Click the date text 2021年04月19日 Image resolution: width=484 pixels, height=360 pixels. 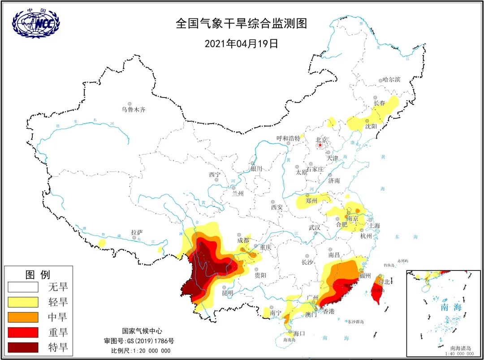(242, 43)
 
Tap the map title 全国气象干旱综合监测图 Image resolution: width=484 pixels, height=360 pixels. (242, 24)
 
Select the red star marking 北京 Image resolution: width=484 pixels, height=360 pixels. (320, 145)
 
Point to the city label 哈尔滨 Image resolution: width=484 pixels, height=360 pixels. (391, 80)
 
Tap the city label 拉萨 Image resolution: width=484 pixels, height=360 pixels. (137, 232)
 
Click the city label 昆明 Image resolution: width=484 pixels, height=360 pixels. (228, 293)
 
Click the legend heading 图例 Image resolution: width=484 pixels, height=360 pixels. (38, 274)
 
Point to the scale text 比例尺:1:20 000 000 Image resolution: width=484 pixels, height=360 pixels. (141, 351)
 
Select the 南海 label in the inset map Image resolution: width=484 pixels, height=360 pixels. (450, 307)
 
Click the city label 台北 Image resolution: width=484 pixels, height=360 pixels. (384, 282)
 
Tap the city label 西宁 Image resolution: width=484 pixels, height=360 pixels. (215, 175)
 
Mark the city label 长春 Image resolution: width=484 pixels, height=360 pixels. (379, 103)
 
